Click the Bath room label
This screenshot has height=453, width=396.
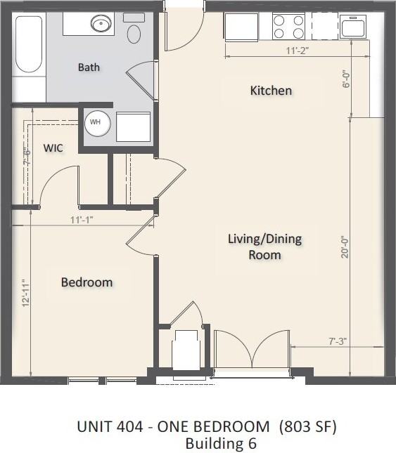[x=89, y=67]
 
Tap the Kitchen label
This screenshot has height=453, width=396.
[x=271, y=91]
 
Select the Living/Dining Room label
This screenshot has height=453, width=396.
[x=264, y=246]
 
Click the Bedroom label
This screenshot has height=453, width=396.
[x=87, y=282]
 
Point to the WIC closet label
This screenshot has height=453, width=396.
[x=54, y=148]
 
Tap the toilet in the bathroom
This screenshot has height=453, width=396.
[x=134, y=30]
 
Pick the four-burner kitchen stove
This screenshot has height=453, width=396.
[x=288, y=27]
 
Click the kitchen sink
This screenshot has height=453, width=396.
[x=353, y=27]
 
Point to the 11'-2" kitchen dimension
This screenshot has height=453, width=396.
[x=298, y=51]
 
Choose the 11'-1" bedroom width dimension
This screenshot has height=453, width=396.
[x=82, y=219]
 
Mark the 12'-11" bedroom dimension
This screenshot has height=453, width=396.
[x=25, y=294]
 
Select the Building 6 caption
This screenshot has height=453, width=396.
[x=221, y=443]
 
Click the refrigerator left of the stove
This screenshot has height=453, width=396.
[x=241, y=27]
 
